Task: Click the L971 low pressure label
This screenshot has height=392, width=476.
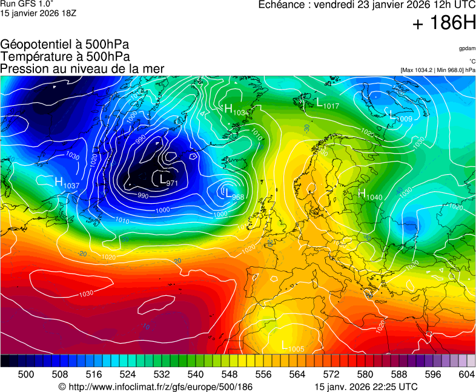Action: (x=168, y=180)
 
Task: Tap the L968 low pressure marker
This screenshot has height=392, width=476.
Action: (x=234, y=195)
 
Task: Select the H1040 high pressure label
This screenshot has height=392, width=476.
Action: (x=370, y=195)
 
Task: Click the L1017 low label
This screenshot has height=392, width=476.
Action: (x=328, y=104)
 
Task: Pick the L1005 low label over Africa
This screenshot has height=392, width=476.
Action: (x=293, y=347)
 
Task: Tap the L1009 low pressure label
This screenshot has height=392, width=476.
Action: (x=402, y=118)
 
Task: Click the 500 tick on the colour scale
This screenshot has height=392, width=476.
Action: (x=25, y=374)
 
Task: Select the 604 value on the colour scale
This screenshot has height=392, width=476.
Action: (x=466, y=374)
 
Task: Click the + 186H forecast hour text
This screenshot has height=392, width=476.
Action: (x=444, y=24)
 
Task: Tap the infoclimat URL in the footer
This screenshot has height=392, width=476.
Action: (x=155, y=387)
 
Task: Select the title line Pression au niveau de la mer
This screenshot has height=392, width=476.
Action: (x=82, y=69)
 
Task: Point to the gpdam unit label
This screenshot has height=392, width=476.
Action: (x=466, y=48)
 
